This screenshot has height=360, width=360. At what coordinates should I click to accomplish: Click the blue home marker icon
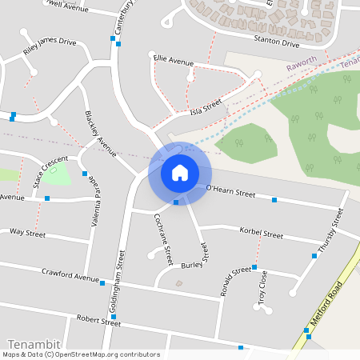[x=180, y=172]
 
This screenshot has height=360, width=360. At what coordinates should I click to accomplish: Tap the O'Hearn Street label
[x=230, y=192]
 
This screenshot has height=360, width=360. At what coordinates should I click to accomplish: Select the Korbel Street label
[x=262, y=234]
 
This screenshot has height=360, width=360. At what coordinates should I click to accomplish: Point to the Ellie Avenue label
[x=174, y=61]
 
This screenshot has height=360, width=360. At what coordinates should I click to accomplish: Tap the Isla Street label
[x=206, y=107]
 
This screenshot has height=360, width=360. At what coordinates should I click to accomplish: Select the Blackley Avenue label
[x=101, y=130]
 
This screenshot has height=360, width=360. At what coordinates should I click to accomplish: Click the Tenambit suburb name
[x=30, y=342]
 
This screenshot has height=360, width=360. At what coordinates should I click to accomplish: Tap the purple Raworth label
[x=306, y=58]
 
